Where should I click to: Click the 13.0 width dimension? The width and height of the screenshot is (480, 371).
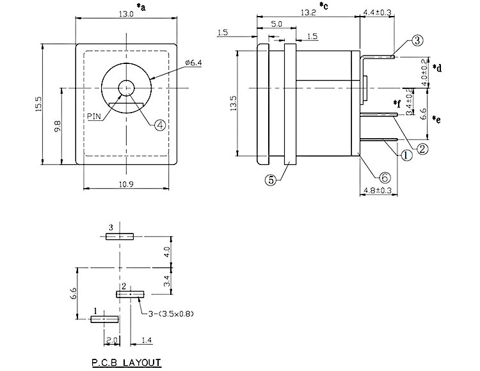pos(125,14)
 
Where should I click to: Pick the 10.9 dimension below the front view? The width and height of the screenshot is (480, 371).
pos(126,184)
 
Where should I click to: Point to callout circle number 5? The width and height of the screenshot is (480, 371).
pos(271,180)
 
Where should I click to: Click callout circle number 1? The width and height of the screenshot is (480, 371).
pos(407,154)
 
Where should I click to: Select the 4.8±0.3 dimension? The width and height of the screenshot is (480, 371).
pos(377,191)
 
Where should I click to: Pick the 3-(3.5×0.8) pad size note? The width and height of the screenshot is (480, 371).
pos(169,313)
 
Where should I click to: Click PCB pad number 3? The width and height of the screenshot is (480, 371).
pos(120,236)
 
